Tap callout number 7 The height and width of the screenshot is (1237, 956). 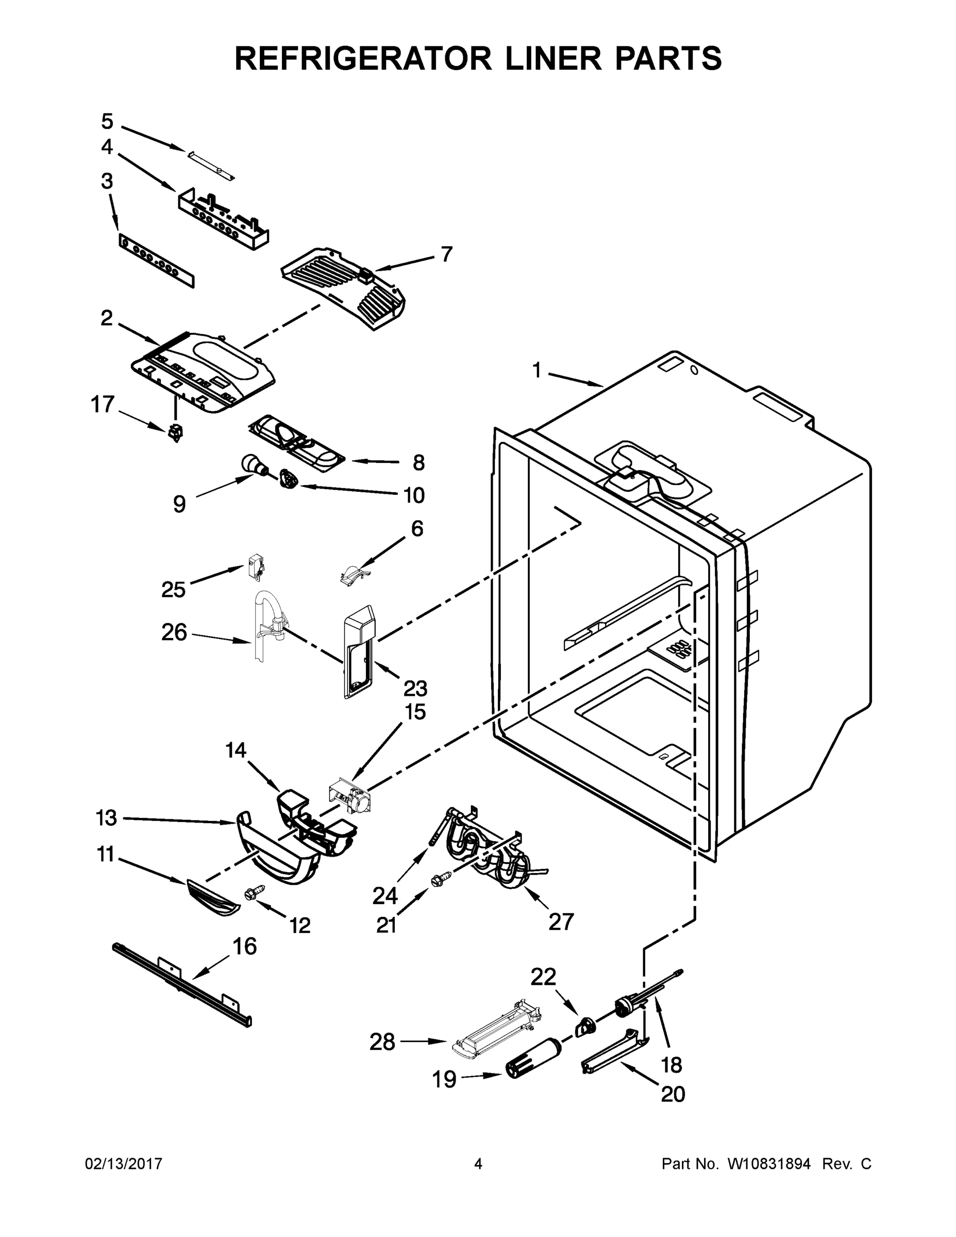[447, 254]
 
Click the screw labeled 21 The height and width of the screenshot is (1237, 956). [440, 879]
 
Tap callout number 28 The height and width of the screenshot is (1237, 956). [382, 1042]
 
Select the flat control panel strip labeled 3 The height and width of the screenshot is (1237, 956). [156, 261]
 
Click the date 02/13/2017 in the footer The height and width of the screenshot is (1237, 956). [124, 1163]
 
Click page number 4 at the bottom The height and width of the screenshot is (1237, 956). [478, 1163]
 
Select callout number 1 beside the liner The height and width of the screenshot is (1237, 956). [536, 371]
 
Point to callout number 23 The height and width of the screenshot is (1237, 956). [415, 688]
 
